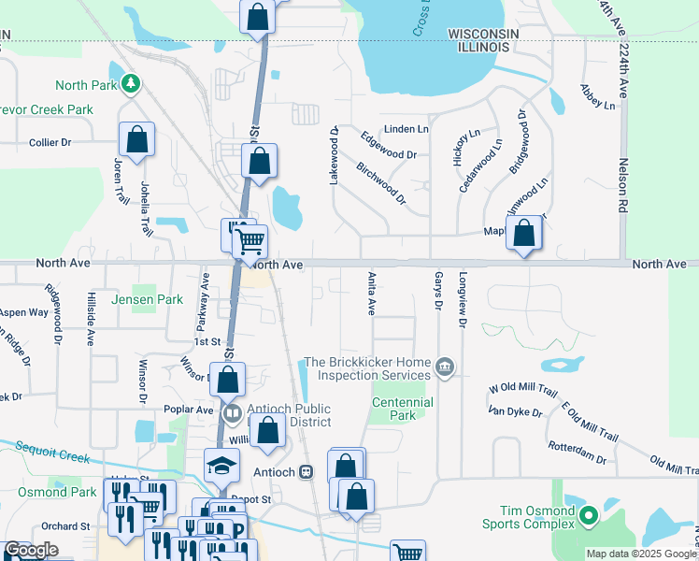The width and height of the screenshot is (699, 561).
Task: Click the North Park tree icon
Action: (132, 84)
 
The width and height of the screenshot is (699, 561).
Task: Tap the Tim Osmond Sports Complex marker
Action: (589, 515)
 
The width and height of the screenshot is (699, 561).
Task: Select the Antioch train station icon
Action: (306, 473)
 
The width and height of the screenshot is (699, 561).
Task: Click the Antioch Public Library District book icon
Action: (231, 411)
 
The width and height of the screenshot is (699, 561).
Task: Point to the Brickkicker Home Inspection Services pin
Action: (445, 367)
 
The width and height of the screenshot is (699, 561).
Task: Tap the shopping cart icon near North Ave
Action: (250, 241)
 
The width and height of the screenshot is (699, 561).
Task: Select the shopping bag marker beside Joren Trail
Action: (136, 139)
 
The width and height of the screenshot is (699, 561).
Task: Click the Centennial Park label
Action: (402, 409)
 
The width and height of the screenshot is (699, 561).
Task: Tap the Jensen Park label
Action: (147, 300)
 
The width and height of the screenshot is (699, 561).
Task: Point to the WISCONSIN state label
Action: (483, 34)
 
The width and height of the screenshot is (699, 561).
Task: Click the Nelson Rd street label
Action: (621, 184)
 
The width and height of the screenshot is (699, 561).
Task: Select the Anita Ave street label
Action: (371, 293)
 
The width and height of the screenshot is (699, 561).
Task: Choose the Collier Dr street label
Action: (50, 142)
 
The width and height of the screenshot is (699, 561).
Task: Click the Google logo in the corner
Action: (31, 550)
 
